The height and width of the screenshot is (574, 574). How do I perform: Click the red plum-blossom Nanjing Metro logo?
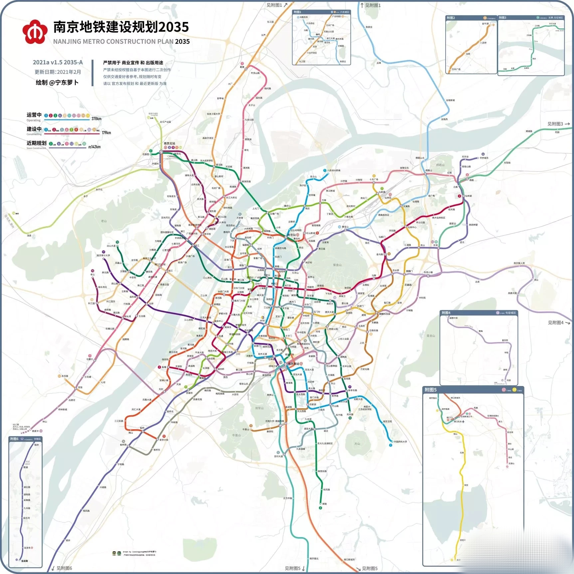[34, 32]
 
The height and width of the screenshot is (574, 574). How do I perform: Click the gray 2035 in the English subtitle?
[182, 42]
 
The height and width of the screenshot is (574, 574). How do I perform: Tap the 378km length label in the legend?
[96, 119]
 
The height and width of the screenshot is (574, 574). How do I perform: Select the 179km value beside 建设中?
[106, 133]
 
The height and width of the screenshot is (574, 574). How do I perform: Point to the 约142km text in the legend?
[95, 147]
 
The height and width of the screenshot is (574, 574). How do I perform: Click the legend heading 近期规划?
[36, 143]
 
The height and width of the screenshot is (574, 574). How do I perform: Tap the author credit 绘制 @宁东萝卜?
[57, 83]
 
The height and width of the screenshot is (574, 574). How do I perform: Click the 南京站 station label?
[292, 235]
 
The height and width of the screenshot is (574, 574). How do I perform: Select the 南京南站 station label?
[293, 364]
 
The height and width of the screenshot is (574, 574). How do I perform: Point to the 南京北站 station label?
[169, 144]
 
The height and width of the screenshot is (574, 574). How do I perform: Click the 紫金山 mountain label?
[337, 265]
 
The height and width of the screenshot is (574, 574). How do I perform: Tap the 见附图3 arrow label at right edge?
[558, 124]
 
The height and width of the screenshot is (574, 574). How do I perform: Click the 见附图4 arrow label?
[558, 322]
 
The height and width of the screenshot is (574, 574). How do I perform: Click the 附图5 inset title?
[430, 390]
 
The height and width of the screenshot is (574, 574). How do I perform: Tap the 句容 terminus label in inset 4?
[509, 380]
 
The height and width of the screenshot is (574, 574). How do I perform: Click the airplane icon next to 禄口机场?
[463, 422]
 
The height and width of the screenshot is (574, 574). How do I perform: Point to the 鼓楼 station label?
[277, 267]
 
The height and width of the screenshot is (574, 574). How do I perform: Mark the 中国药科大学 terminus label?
[400, 442]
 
